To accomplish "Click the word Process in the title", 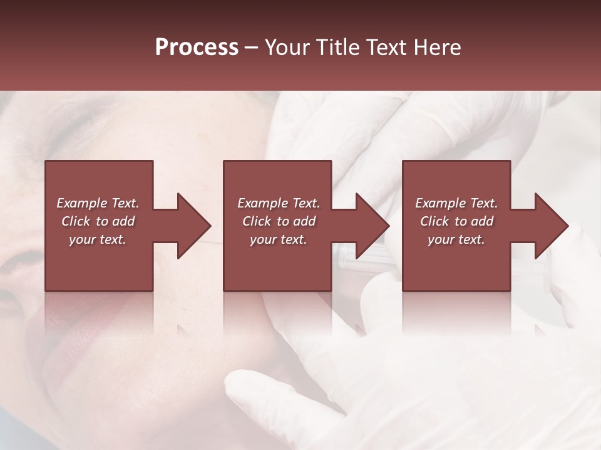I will [197, 47].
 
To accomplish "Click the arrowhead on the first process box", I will [192, 226].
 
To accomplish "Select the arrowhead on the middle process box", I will [370, 226].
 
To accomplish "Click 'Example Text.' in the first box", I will [98, 203].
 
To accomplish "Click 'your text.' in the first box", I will [98, 239].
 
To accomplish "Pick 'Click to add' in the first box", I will [98, 221].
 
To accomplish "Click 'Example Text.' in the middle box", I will [279, 203].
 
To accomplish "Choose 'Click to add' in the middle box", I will [279, 221].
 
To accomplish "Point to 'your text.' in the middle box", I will [279, 239].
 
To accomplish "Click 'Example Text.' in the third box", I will [456, 203].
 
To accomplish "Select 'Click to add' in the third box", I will [456, 221].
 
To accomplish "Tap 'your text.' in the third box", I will [456, 239].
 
